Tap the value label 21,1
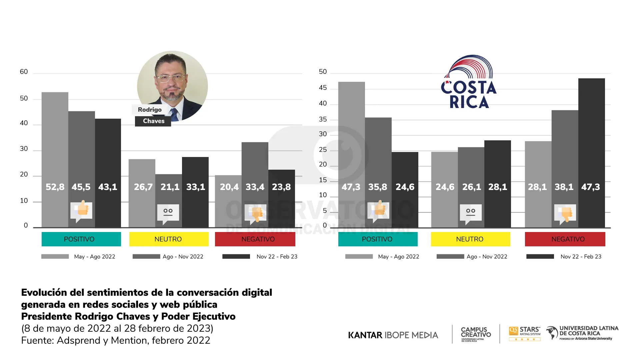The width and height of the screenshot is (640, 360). tap(170, 187)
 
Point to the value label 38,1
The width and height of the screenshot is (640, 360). tap(564, 187)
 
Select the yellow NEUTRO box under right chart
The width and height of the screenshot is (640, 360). tap(470, 239)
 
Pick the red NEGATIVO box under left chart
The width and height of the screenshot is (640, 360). tap(255, 239)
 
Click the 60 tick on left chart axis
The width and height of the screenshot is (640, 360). tap(24, 72)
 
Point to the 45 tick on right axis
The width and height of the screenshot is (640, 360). tap(323, 88)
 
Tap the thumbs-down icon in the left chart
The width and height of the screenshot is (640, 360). tap(256, 213)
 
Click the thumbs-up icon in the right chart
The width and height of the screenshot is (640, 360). tap(379, 210)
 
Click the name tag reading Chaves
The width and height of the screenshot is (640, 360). tap(153, 121)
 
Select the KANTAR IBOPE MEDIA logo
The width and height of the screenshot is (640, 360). tap(393, 335)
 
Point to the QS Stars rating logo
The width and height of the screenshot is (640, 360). tap(525, 333)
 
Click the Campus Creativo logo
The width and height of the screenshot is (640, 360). tap(476, 334)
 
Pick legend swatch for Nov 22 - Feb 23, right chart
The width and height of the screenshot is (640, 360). tap(540, 256)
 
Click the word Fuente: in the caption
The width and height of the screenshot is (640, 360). tap(37, 340)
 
